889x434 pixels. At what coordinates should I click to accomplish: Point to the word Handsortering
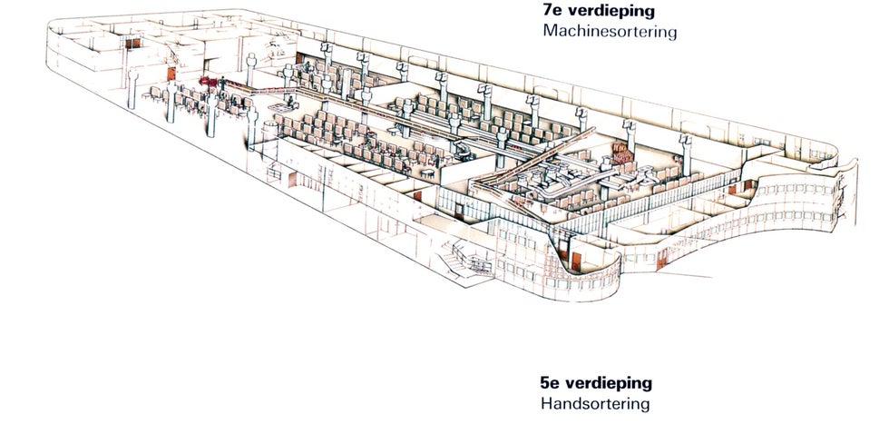pos(594,404)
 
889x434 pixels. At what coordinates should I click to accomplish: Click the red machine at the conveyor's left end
pos(211,84)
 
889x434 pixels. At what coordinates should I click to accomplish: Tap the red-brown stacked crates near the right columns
pos(623,151)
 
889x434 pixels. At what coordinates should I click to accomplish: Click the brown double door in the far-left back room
pos(132,44)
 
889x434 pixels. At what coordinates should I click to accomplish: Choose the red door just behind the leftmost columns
pos(171,74)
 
